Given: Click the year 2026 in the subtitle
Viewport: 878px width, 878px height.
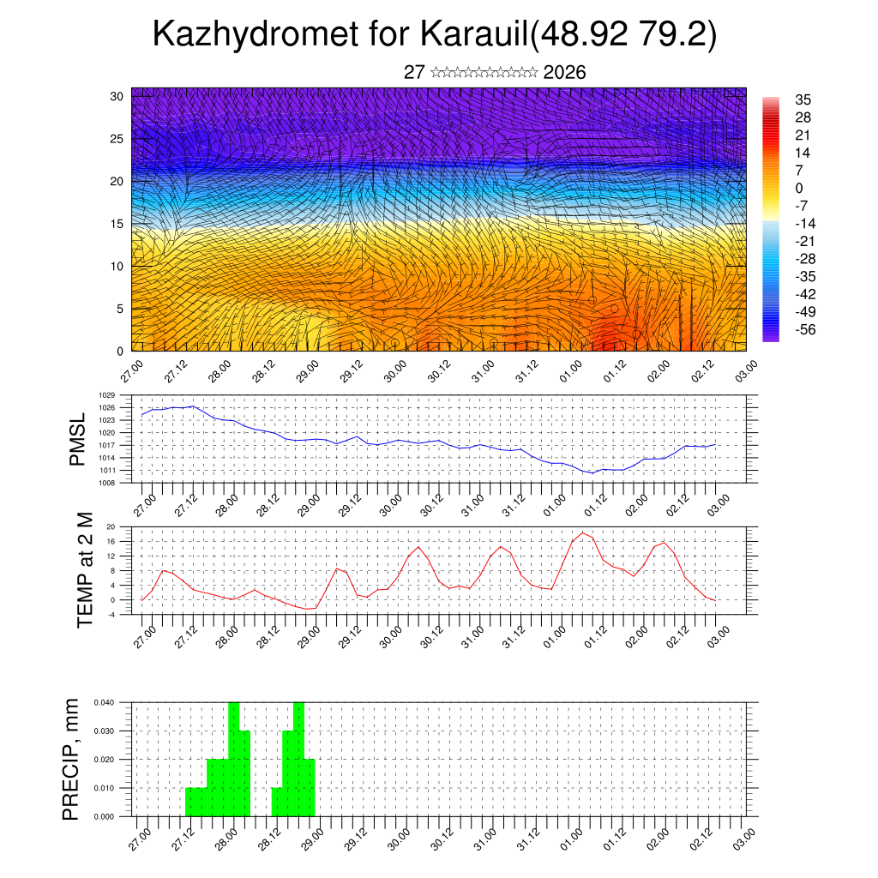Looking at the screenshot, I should click(564, 73).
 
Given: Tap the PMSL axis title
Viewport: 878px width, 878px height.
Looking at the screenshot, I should click(78, 439).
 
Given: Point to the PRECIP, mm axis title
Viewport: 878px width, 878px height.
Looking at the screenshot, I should click(70, 759).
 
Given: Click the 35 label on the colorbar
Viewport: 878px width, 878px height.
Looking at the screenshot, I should click(803, 99).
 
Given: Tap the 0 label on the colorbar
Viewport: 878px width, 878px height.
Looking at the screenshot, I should click(799, 188).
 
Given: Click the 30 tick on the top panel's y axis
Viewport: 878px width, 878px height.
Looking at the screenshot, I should click(116, 96).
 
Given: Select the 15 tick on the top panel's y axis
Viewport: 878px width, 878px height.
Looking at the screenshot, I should click(116, 224).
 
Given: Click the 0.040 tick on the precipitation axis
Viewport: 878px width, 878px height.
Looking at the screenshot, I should click(105, 702).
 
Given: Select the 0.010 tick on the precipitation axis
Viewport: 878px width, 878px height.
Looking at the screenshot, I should click(105, 788).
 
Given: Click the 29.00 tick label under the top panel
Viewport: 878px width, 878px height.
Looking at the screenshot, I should click(308, 374).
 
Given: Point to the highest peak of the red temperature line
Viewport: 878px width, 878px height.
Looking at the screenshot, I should click(582, 532).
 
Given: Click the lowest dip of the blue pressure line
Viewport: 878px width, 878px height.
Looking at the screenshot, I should click(592, 472).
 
